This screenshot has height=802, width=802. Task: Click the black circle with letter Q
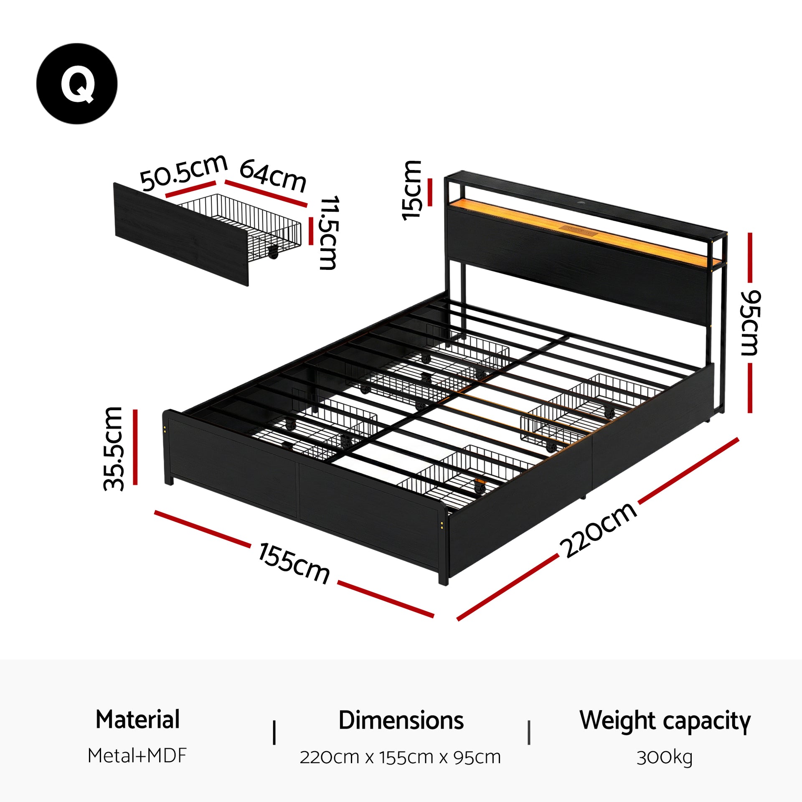77,84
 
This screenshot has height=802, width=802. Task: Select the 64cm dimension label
273,175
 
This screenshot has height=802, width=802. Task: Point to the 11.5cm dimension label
328,233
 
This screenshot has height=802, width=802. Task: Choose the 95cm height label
750,322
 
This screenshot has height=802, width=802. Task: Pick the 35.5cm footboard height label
114,449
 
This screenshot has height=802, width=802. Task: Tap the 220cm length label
598,530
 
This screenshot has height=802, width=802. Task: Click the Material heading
137,719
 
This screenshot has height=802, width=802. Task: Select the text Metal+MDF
137,756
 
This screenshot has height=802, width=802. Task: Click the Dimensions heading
401,720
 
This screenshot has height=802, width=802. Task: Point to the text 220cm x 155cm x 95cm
400,757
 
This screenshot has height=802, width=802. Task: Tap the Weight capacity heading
665,721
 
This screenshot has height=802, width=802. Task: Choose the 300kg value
664,757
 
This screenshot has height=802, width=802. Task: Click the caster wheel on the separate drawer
273,252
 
